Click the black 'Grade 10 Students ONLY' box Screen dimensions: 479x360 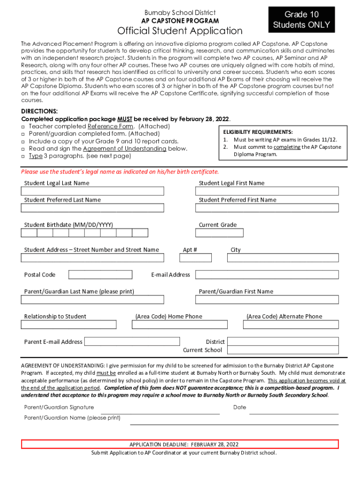(302, 20)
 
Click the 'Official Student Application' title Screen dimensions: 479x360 (180, 31)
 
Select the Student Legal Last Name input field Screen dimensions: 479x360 (93, 191)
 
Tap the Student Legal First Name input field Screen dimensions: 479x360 (269, 191)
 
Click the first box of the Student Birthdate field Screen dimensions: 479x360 (29, 233)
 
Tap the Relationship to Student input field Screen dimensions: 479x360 (69, 325)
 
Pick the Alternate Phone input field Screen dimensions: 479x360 (291, 325)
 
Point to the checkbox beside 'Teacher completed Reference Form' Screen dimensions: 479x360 (23, 127)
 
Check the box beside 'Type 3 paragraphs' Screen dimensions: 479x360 (23, 156)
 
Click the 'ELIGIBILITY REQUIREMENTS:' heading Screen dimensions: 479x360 (258, 132)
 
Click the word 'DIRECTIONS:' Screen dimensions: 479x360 (40, 111)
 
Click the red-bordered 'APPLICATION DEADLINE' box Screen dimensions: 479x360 (180, 444)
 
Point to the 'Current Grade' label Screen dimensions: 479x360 (218, 225)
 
